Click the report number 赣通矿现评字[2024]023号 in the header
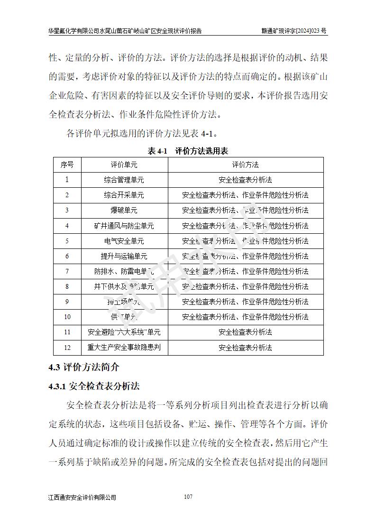point(294,31)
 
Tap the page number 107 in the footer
point(188,497)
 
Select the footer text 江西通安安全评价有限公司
point(82,497)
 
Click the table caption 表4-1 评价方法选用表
point(188,151)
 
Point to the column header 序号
point(67,165)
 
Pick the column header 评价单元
point(124,165)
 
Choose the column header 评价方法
point(245,165)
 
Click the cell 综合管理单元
point(124,180)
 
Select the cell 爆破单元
point(124,211)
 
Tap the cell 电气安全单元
point(124,241)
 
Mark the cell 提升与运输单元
point(124,256)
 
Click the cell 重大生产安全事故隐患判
point(124,348)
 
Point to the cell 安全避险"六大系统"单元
point(124,332)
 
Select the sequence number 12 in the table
point(67,348)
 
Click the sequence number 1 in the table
point(67,180)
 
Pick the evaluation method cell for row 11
point(245,332)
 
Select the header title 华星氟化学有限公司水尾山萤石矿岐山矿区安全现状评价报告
point(125,31)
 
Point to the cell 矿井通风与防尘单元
point(124,226)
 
